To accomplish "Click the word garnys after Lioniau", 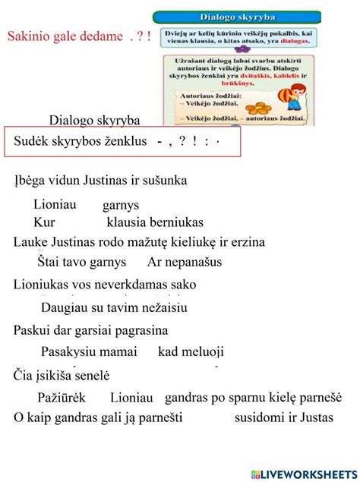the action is (x=121, y=205).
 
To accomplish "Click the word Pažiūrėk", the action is (x=61, y=398).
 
